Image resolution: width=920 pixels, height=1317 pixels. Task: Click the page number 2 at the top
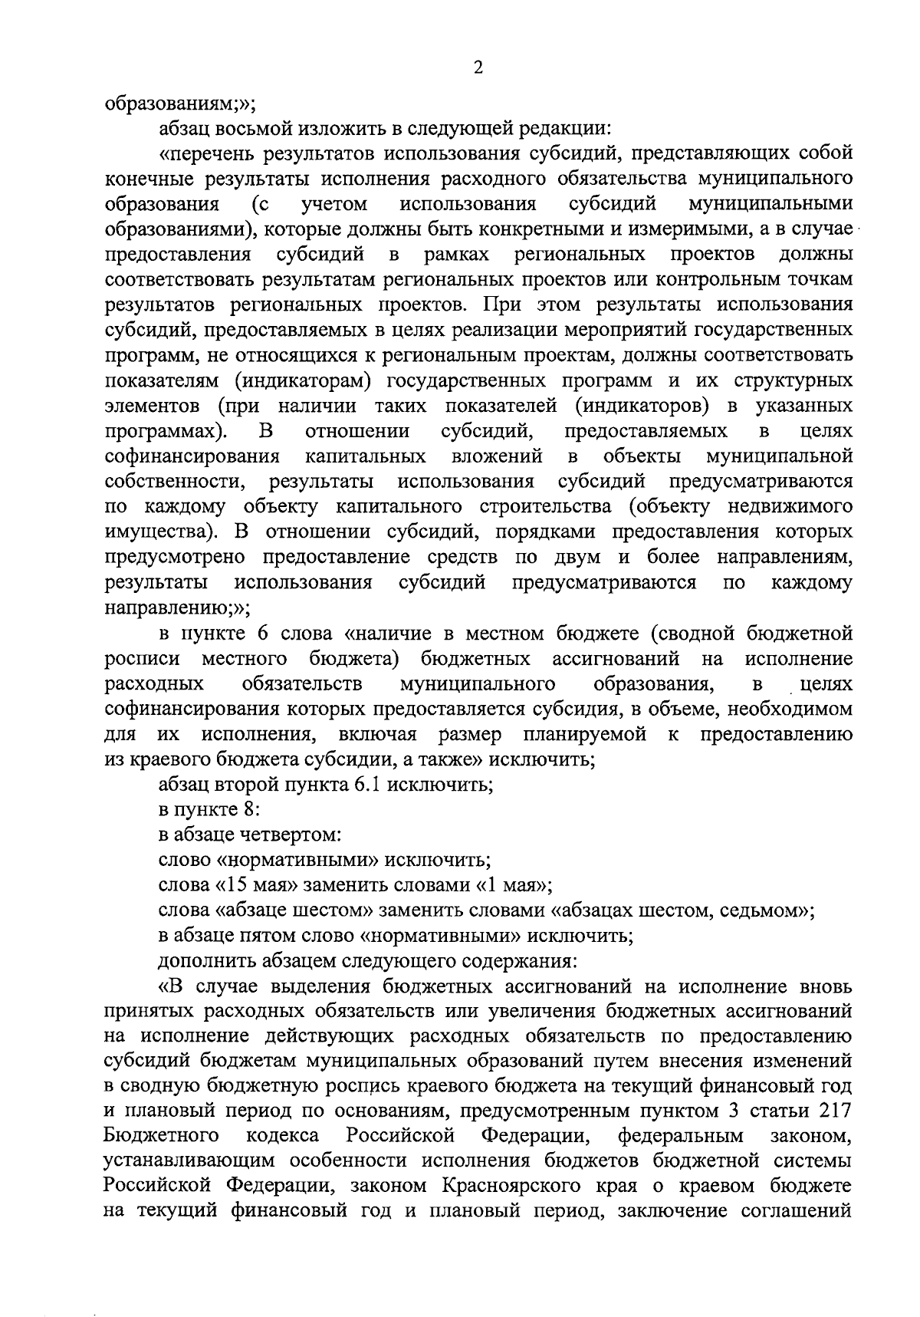(478, 68)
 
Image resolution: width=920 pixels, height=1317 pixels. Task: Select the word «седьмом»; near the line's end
(768, 910)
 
